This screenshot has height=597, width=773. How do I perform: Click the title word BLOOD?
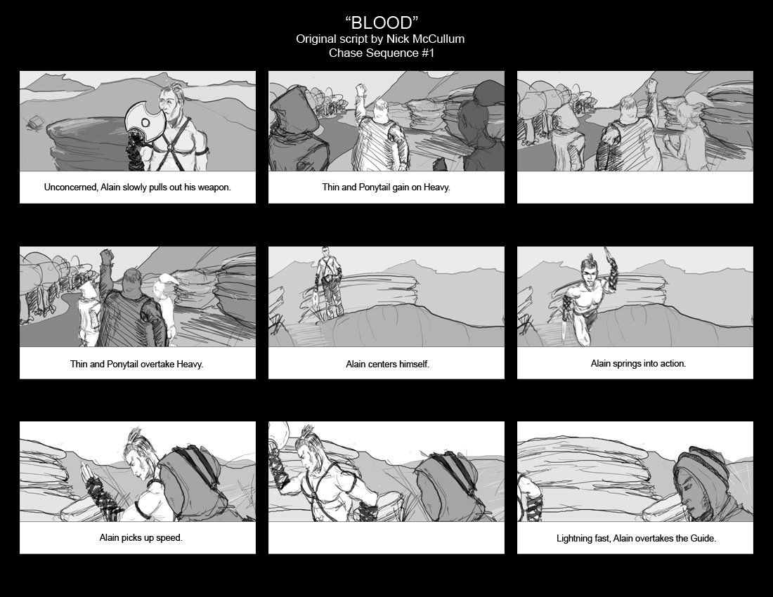point(382,22)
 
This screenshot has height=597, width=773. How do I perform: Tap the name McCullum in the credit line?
point(438,39)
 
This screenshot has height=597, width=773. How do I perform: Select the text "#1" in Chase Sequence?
point(428,53)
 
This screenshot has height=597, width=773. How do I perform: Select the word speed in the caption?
point(171,538)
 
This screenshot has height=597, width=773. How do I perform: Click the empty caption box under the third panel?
point(635,188)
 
